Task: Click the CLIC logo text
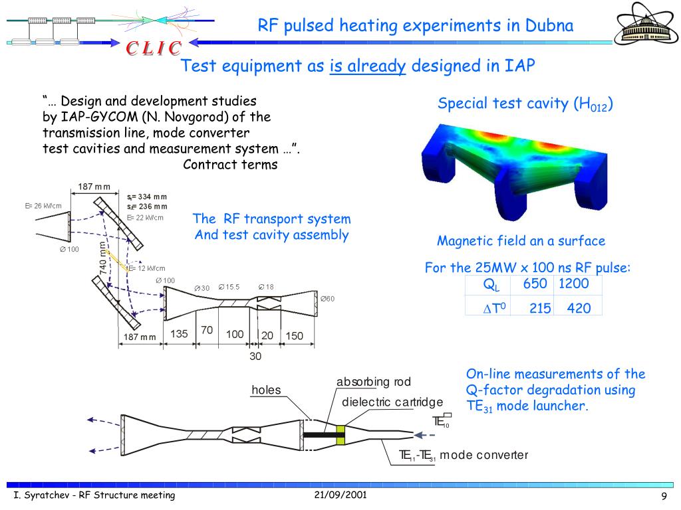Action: point(154,48)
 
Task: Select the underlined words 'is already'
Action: point(368,66)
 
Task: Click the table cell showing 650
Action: point(535,284)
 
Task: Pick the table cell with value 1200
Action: point(574,284)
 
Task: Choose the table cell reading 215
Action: point(540,308)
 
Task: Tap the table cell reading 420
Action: point(579,308)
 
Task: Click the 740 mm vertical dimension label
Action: point(104,259)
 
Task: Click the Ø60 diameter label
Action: point(327,299)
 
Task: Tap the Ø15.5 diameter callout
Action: point(229,287)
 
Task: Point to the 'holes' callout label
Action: point(266,390)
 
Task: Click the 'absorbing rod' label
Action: point(373,382)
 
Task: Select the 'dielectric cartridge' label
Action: point(392,402)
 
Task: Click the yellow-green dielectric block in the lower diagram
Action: point(341,435)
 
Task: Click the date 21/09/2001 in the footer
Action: point(340,495)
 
